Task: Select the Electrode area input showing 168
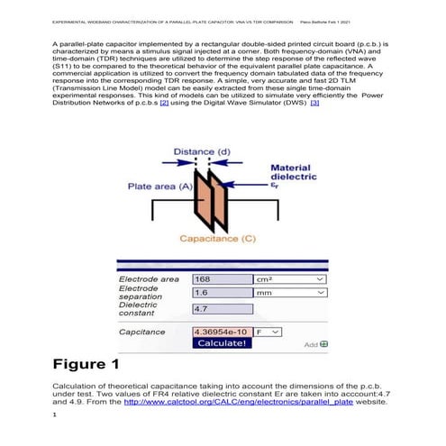221,280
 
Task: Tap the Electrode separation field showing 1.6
221,293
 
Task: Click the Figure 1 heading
86,366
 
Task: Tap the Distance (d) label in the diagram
201,150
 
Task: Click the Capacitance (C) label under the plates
218,239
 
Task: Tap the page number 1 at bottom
55,415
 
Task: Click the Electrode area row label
149,280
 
